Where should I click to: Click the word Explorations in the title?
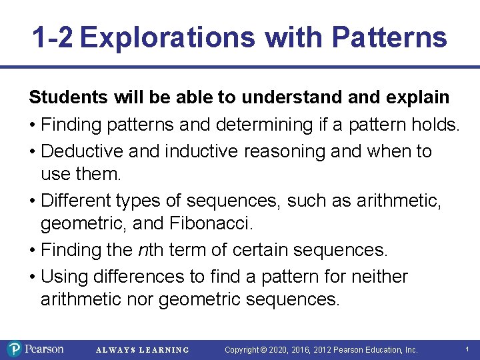[167, 38]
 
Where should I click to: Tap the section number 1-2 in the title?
[52, 38]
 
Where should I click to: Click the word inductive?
[203, 151]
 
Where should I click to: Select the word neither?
[377, 276]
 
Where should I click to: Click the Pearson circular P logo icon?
[15, 349]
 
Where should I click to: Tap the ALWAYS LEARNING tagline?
[143, 350]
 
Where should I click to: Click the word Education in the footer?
[383, 349]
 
